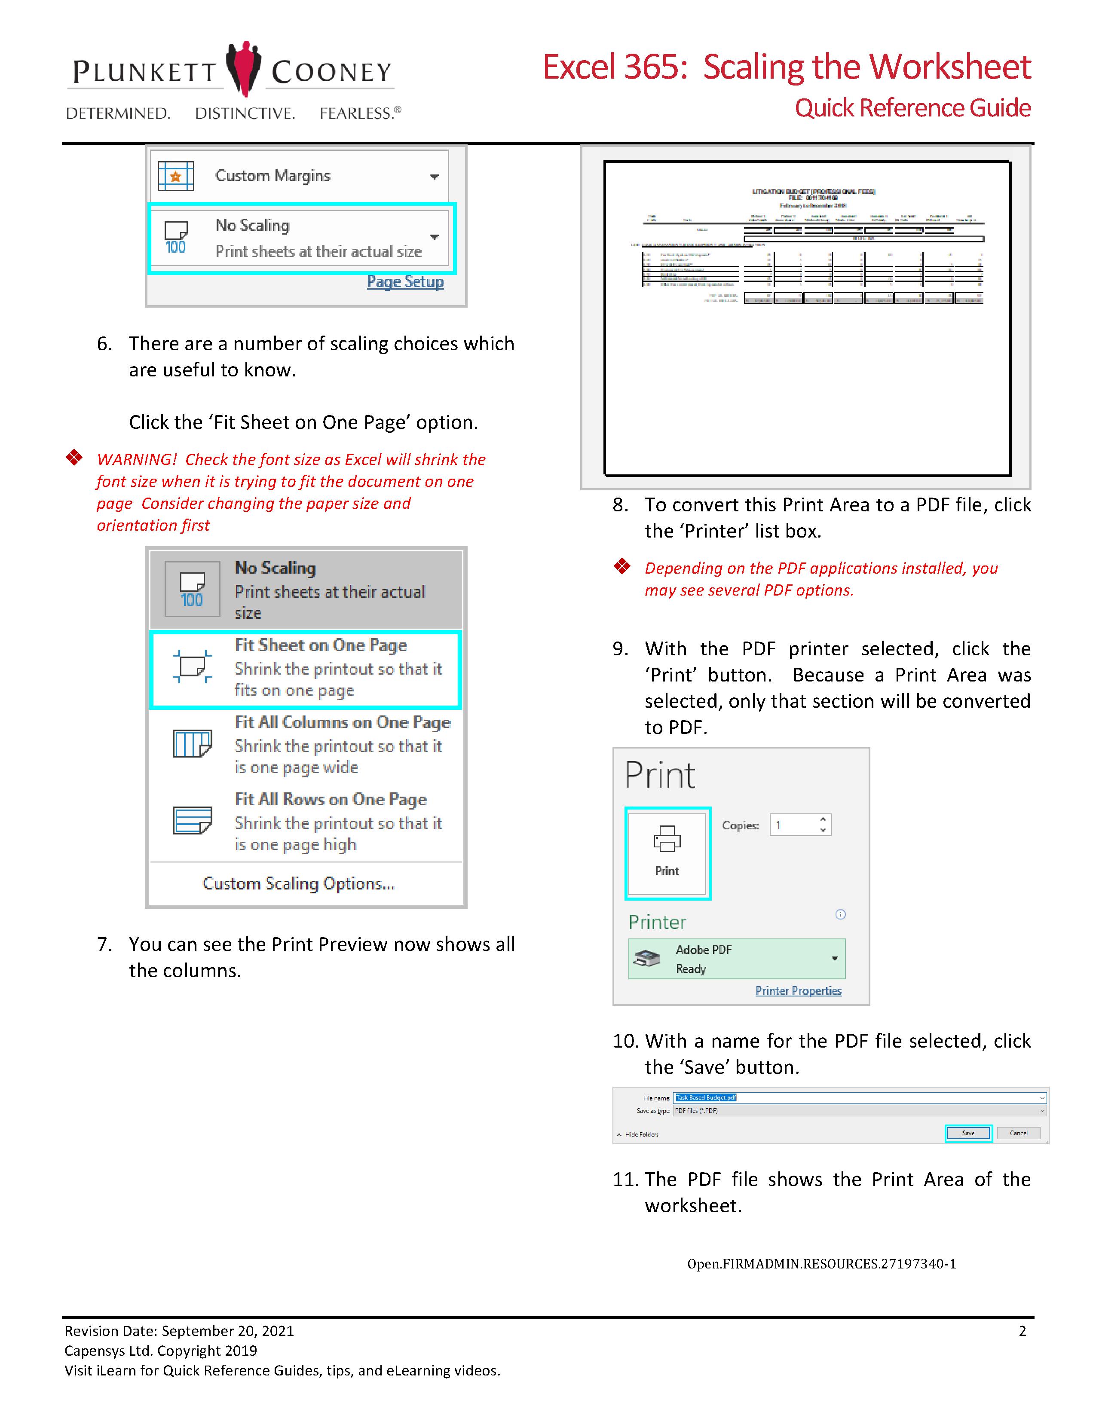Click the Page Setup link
tap(405, 282)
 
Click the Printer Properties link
tap(798, 991)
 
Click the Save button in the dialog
tap(967, 1133)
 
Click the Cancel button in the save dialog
tap(1018, 1133)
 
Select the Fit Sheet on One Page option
tap(305, 668)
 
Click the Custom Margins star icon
tap(175, 176)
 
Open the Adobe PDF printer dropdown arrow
tap(834, 958)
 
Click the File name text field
tap(857, 1098)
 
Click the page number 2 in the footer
tap(1022, 1331)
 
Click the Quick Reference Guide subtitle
tap(912, 108)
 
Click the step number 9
tap(620, 648)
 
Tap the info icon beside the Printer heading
tap(840, 914)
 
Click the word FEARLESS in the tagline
tap(356, 113)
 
